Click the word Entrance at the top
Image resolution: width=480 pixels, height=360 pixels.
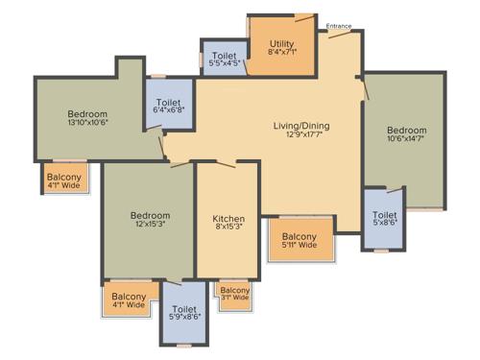[x=339, y=26]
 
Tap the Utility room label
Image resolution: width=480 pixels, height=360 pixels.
[x=281, y=43]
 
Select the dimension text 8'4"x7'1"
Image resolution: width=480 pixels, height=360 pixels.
[x=281, y=53]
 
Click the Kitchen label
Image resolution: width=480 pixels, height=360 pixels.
[x=227, y=219]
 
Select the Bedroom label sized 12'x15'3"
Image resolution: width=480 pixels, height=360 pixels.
[x=150, y=215]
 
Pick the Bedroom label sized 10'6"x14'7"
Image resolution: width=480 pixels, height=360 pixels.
[x=405, y=130]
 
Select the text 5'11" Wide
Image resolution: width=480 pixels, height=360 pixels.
[x=300, y=246]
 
